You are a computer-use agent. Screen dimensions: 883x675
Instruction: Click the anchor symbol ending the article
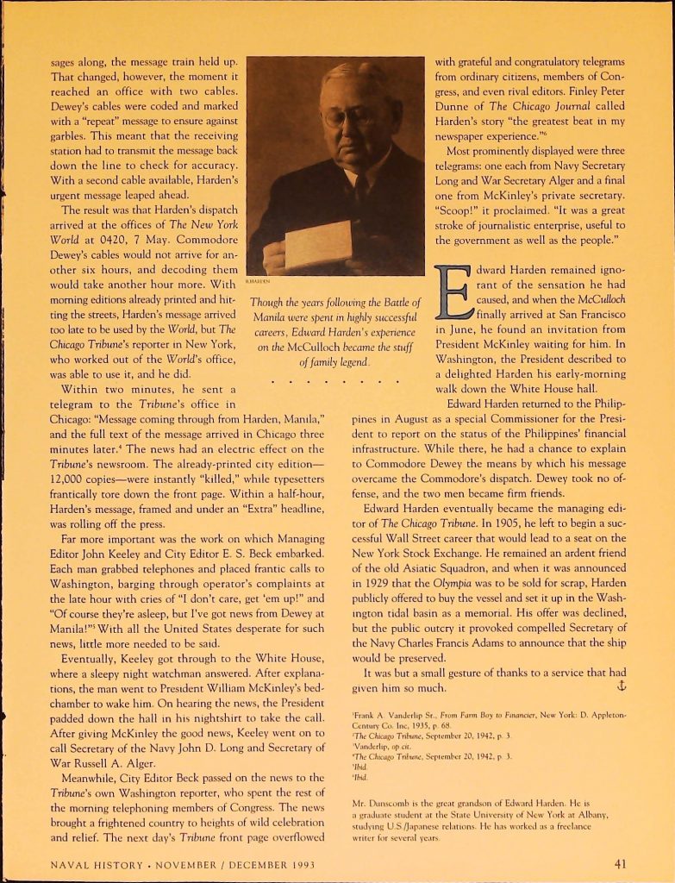(x=617, y=686)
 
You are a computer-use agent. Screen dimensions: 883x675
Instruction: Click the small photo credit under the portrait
(x=256, y=281)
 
